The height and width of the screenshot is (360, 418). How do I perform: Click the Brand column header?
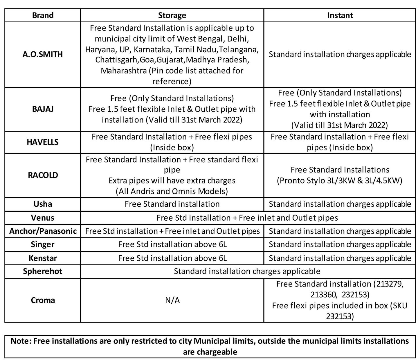(x=43, y=15)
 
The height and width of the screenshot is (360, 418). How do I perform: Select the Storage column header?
(x=172, y=15)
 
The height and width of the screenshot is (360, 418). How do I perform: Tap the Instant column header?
(x=340, y=15)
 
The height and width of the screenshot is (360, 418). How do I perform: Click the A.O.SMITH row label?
(x=43, y=54)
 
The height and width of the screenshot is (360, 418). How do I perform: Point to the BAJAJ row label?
(x=43, y=109)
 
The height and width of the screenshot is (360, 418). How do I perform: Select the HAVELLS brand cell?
(x=43, y=142)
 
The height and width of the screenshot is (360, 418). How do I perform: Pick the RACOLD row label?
(x=43, y=175)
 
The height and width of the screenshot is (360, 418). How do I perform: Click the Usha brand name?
(x=43, y=204)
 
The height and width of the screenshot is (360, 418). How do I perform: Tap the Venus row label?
(x=43, y=218)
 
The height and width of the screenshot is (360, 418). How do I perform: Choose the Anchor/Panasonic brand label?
(x=43, y=231)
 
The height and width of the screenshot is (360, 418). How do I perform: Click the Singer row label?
(x=43, y=244)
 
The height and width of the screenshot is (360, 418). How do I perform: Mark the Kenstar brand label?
(x=43, y=258)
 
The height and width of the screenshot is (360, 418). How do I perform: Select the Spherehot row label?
(x=43, y=271)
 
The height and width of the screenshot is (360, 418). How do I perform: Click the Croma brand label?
(x=43, y=300)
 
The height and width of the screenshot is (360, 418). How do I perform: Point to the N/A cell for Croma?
(x=172, y=300)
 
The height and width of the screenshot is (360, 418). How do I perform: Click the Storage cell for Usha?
(x=172, y=204)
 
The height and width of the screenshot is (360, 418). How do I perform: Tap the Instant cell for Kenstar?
(x=340, y=258)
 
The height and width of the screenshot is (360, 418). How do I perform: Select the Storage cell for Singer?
(x=172, y=244)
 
